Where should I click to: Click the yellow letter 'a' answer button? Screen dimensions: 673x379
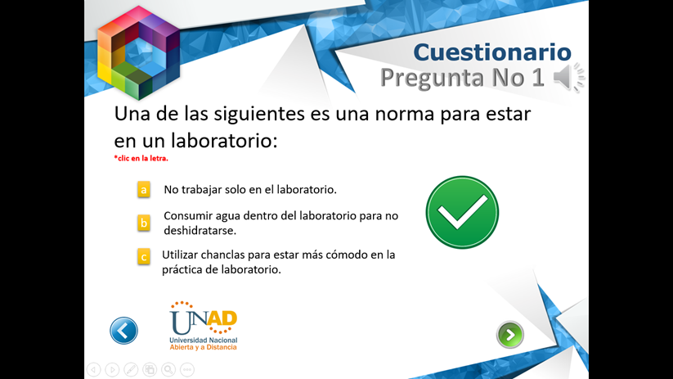pos(144,190)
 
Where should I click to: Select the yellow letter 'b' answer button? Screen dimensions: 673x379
pos(144,223)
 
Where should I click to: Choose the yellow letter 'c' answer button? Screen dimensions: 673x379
pos(144,256)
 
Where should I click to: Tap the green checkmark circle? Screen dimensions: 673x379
pos(462,212)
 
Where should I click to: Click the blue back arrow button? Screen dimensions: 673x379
pos(123,331)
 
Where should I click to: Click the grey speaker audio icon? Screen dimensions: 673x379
pos(568,77)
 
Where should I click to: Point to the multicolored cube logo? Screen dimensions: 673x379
pos(138,53)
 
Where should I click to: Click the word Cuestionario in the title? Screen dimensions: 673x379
pos(492,52)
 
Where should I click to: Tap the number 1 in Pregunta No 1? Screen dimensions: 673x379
pos(538,78)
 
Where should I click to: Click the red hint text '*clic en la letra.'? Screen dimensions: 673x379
pos(141,158)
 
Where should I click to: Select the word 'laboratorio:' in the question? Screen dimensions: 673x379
pos(225,140)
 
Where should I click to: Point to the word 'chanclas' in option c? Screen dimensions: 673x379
pos(222,255)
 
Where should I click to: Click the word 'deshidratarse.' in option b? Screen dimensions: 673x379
pos(200,230)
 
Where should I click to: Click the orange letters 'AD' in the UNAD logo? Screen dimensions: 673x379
pos(222,319)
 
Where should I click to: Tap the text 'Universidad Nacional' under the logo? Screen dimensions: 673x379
pos(204,340)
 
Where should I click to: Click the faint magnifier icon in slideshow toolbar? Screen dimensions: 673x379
pos(168,369)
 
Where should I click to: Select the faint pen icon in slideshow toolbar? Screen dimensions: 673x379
pos(131,369)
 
